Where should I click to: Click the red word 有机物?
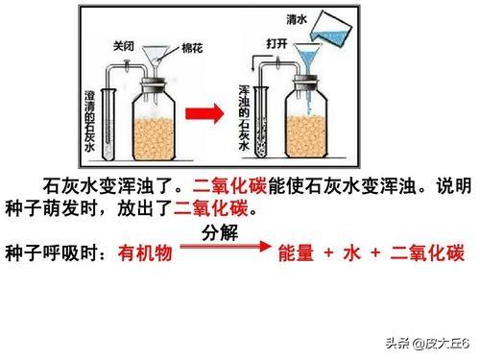tap(145, 254)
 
